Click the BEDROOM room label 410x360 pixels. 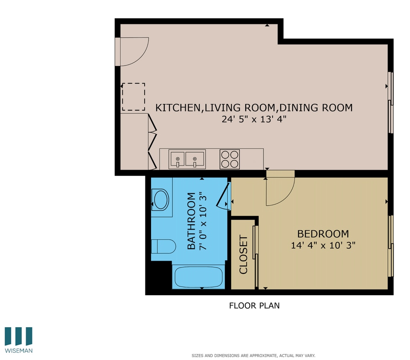[323, 234]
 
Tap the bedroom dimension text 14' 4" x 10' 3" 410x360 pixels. [323, 245]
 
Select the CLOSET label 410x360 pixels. [244, 254]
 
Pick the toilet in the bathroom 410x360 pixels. [164, 247]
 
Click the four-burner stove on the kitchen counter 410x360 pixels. [230, 159]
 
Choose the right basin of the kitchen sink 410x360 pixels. [195, 158]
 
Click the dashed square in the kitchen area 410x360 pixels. [134, 97]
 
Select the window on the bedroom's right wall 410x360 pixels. [390, 246]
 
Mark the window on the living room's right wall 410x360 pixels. [390, 102]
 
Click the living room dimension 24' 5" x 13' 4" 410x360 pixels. [253, 119]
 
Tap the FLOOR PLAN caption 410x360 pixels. [254, 305]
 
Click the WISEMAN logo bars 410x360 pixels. [18, 336]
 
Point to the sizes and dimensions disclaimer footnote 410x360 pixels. [253, 355]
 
